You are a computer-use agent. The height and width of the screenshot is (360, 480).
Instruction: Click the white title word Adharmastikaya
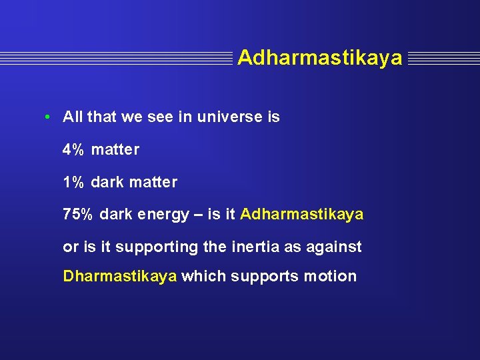[319, 58]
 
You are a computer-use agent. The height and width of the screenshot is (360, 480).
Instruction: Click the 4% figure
[73, 150]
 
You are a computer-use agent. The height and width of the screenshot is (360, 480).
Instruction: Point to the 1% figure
[73, 182]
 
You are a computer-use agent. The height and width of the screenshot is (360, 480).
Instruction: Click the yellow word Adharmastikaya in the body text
[301, 215]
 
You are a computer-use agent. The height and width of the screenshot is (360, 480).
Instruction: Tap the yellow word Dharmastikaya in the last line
[120, 276]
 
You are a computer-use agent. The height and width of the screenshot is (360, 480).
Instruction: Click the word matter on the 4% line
[115, 150]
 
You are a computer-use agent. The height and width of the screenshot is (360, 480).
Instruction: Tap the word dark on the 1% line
[107, 182]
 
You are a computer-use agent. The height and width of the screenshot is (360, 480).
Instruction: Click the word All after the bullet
[73, 117]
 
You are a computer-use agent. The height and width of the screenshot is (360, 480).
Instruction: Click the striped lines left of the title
[117, 59]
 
